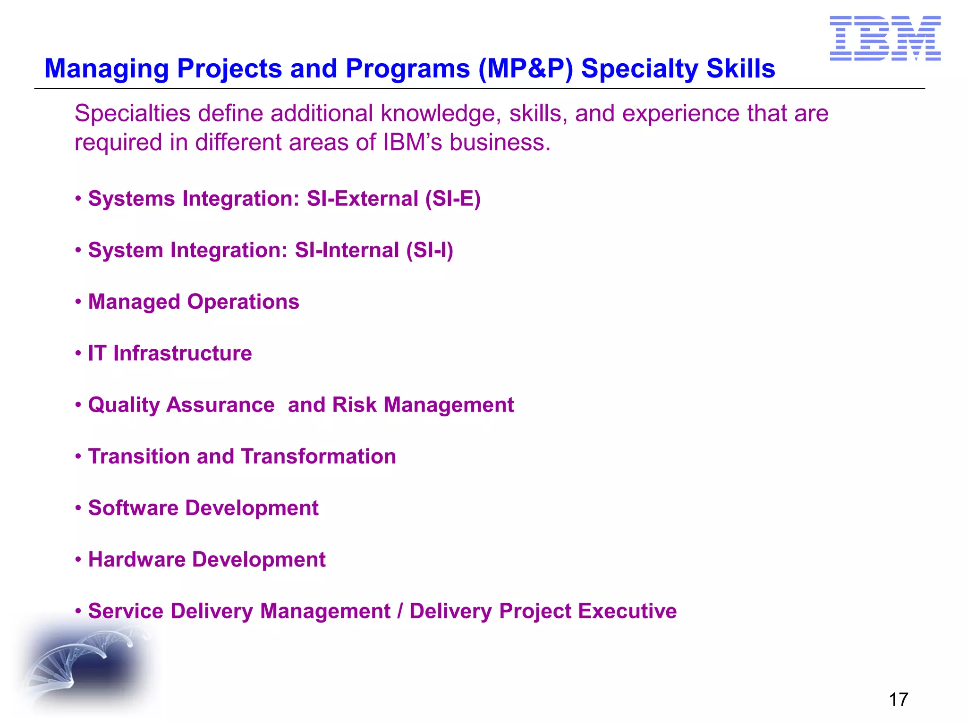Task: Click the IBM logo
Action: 885,38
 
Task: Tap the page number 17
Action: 898,700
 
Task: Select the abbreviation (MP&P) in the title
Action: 526,68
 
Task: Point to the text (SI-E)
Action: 453,198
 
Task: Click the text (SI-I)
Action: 430,250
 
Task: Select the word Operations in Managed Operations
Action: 243,302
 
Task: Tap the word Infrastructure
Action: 182,354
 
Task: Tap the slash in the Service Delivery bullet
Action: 400,611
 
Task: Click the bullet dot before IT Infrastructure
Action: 78,354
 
